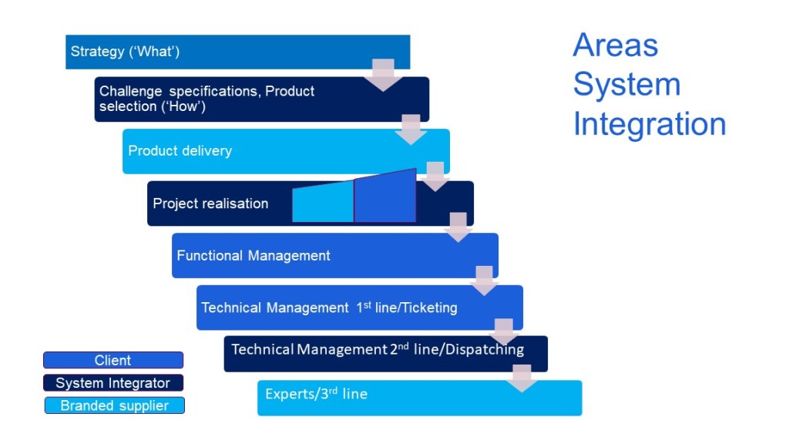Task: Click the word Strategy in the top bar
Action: (x=96, y=52)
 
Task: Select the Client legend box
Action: (x=113, y=360)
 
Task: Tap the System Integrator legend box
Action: (x=113, y=383)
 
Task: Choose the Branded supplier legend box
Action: (x=114, y=405)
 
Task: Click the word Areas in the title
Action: (x=615, y=46)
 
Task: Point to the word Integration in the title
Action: (x=649, y=124)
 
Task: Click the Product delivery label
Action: (x=180, y=151)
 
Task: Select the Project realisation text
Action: (x=210, y=203)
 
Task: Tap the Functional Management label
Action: (x=253, y=256)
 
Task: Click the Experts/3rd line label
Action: (x=316, y=394)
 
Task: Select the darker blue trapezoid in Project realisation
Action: (x=384, y=197)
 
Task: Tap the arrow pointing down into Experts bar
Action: (x=522, y=378)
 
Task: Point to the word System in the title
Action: (x=626, y=85)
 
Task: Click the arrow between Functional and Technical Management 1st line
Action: (x=484, y=281)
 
